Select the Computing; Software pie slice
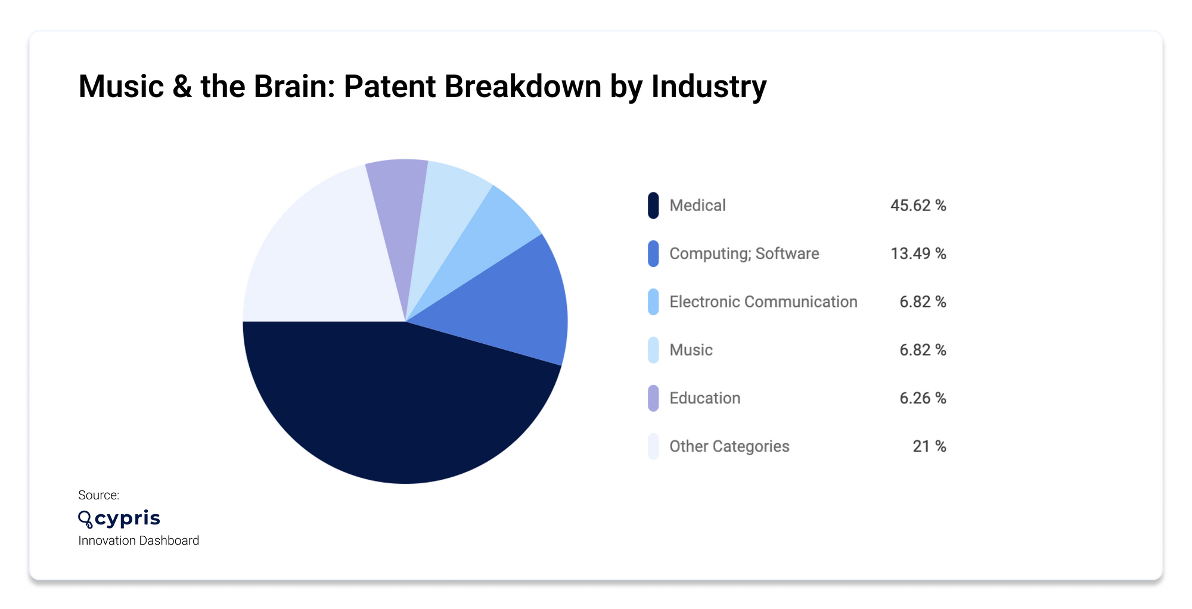[x=513, y=304]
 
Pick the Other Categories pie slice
[x=316, y=256]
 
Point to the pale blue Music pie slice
[x=444, y=209]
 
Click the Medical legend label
[x=697, y=206]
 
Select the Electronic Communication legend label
[x=763, y=302]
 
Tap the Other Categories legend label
[x=729, y=446]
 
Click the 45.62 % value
[x=918, y=206]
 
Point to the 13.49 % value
[x=918, y=254]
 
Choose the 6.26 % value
[x=923, y=398]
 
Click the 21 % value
[x=929, y=446]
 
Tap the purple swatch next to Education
[x=653, y=398]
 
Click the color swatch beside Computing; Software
[x=653, y=254]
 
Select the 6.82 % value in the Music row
[x=923, y=350]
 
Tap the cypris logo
[x=119, y=518]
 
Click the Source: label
[x=98, y=495]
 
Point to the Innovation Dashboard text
[x=138, y=540]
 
